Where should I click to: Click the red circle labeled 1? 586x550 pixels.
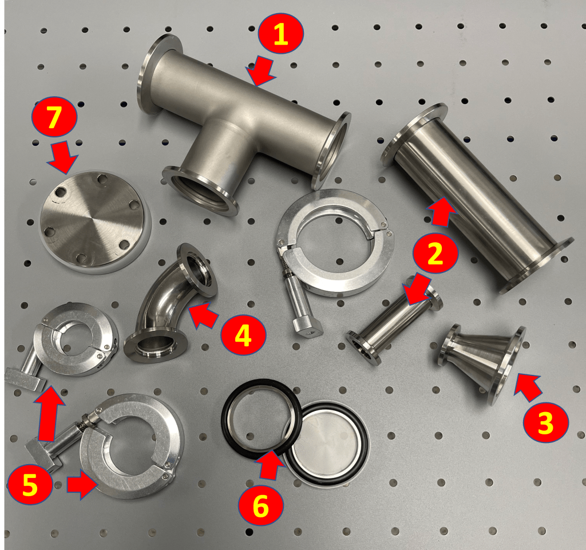click(x=280, y=34)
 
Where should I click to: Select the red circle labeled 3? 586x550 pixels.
click(x=545, y=422)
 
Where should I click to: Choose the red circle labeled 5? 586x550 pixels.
click(x=30, y=484)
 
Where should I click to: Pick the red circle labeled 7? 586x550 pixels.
click(x=54, y=117)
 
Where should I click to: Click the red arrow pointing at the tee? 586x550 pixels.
click(x=261, y=70)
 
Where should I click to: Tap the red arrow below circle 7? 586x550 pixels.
click(x=63, y=157)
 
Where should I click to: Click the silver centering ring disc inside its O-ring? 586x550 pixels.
click(x=325, y=445)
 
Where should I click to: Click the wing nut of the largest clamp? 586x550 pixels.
click(x=307, y=326)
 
